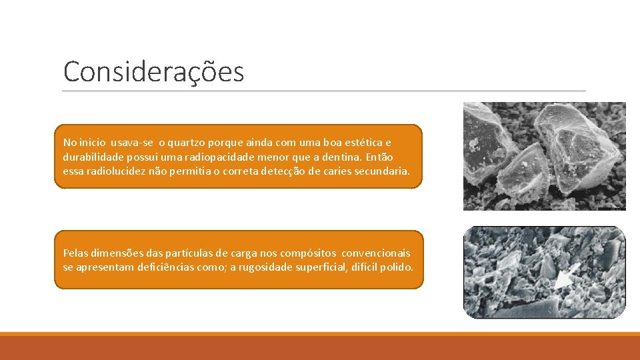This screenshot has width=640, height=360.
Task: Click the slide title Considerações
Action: pos(153,72)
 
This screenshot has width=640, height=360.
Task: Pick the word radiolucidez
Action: pos(115,171)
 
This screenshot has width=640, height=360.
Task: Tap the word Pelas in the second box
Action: pos(75,253)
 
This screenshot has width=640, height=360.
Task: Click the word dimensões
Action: pos(118,253)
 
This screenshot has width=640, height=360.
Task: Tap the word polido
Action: pos(398,267)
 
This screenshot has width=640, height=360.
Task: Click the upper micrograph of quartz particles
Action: pos(544,156)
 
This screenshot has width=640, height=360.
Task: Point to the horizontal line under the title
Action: pos(324,91)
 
